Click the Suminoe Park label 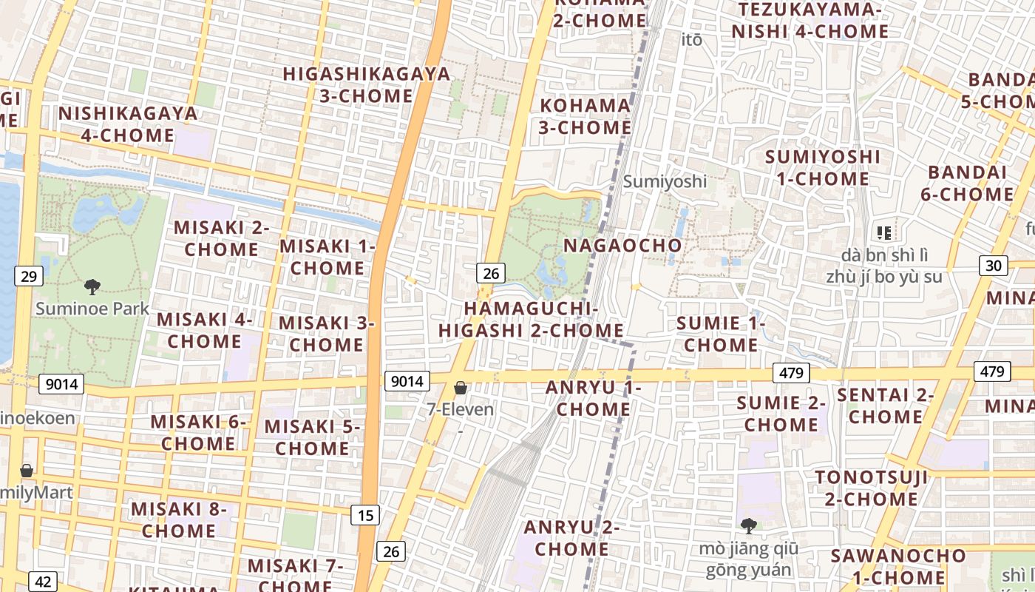(92, 309)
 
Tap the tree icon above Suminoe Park (92, 287)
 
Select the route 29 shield (29, 277)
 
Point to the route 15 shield (365, 515)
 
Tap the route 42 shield (43, 582)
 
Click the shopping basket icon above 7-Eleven (461, 388)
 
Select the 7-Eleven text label (461, 408)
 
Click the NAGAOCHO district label (622, 245)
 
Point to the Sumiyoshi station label (665, 181)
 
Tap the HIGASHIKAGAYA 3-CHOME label (367, 84)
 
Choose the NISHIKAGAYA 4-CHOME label (128, 124)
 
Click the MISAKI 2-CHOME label (221, 238)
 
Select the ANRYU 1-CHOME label (594, 398)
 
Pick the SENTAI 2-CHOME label (885, 406)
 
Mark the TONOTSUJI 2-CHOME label (871, 488)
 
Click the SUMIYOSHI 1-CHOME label (823, 168)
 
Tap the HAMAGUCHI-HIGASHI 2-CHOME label (531, 319)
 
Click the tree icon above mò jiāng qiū (749, 526)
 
